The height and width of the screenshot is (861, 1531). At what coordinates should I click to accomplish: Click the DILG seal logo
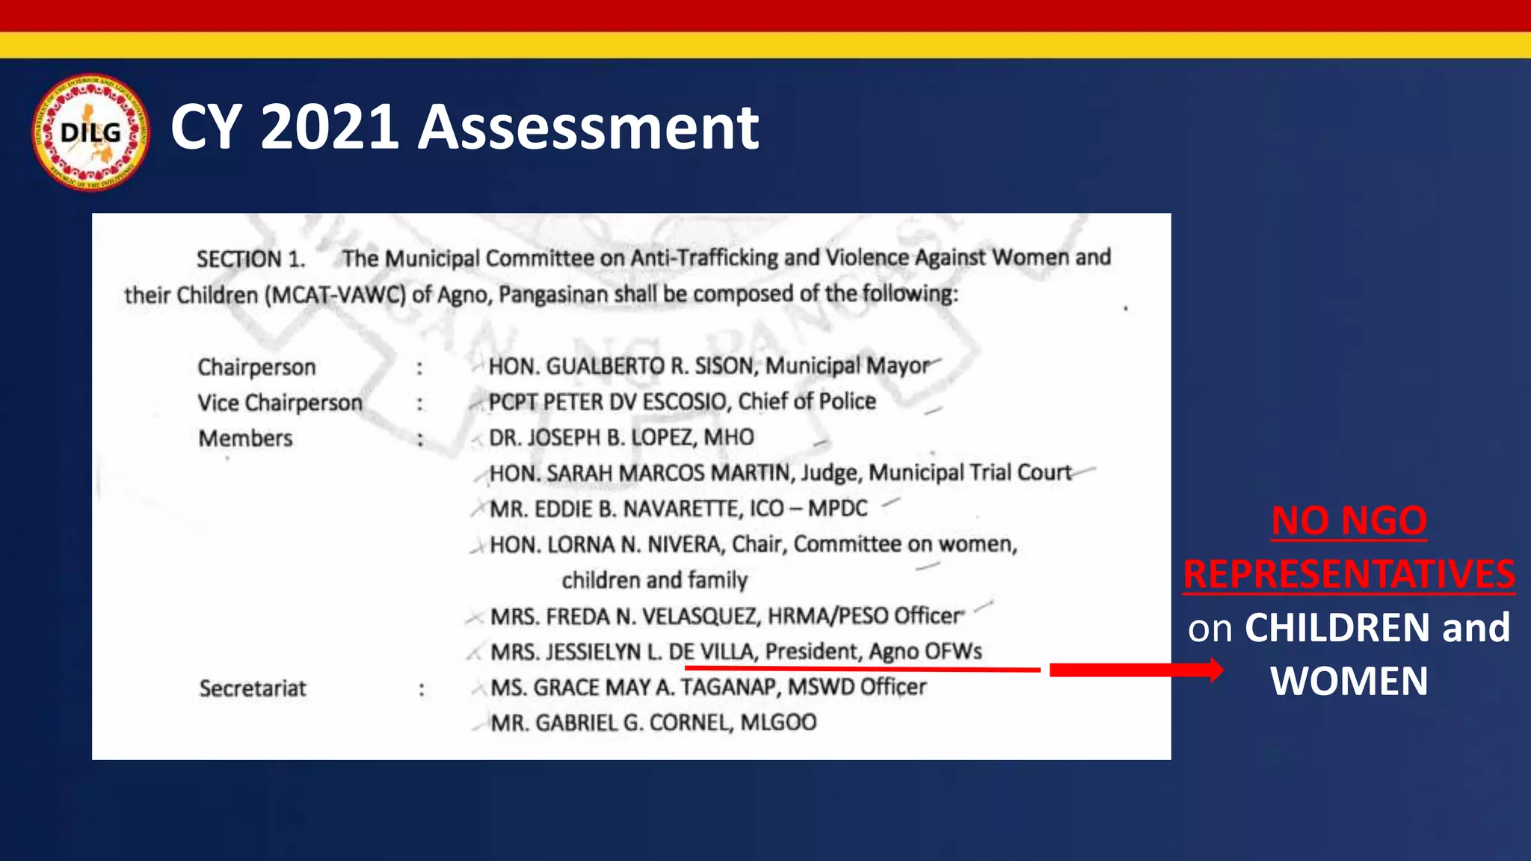tap(90, 132)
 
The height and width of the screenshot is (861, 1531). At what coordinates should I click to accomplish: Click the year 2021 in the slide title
tap(329, 127)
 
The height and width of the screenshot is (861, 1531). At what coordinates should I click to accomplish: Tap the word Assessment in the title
tap(588, 127)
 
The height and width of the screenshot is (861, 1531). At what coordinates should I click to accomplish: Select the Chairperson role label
tap(256, 367)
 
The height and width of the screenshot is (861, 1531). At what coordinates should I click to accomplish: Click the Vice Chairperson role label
tap(280, 403)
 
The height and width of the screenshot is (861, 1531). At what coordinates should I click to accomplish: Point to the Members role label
tap(245, 438)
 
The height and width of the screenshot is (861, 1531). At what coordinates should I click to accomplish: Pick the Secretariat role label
tap(253, 688)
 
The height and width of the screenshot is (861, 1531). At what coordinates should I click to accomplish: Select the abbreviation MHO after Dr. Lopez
tap(729, 437)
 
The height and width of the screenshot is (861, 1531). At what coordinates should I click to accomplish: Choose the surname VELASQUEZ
tap(700, 617)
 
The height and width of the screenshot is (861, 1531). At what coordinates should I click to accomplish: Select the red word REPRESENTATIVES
tap(1349, 574)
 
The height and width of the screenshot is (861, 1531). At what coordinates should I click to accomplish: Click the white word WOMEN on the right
tap(1349, 681)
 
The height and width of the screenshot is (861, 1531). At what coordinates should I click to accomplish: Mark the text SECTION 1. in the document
tap(251, 259)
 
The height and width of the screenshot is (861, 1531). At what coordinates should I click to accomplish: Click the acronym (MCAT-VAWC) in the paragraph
tap(335, 295)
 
